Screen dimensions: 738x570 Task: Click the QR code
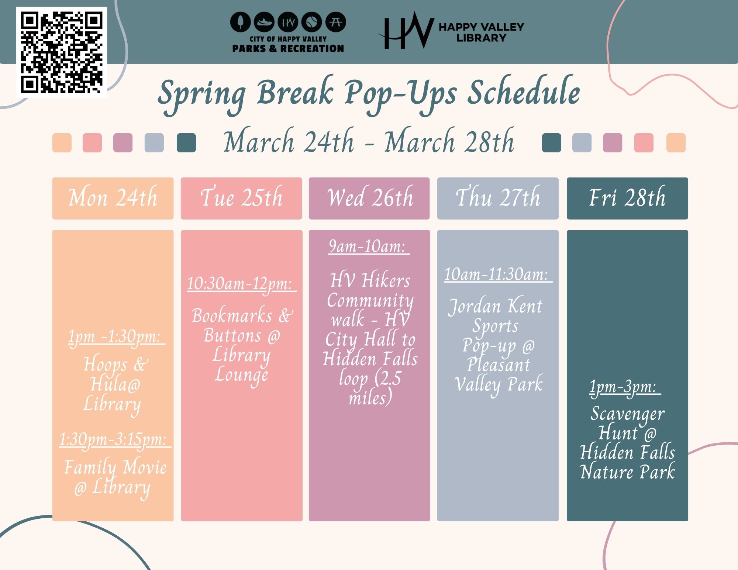[62, 52]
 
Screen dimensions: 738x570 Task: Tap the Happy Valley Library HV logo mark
[405, 31]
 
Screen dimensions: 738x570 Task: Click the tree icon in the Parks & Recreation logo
[241, 22]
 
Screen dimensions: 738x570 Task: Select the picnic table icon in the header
[335, 22]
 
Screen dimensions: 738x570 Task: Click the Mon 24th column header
[113, 198]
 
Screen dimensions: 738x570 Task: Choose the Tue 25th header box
[241, 198]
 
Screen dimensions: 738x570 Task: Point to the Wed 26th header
[369, 198]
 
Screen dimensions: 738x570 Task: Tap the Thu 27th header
[498, 198]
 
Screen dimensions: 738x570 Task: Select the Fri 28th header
[627, 198]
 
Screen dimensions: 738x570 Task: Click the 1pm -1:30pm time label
[115, 337]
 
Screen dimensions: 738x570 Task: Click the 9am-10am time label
[369, 246]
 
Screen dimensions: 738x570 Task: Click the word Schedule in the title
[524, 92]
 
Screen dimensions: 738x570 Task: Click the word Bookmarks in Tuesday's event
[232, 316]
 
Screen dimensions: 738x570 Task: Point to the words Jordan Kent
[495, 307]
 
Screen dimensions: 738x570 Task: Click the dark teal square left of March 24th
[186, 143]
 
